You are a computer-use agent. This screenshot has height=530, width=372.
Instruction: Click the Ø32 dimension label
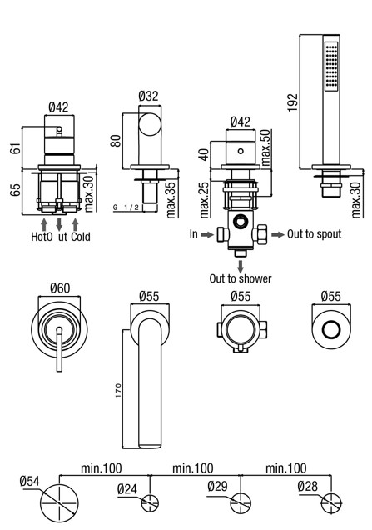point(148,96)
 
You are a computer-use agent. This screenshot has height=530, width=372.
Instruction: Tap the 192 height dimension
point(293,102)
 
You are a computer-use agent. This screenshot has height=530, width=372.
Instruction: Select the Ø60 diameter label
point(60,288)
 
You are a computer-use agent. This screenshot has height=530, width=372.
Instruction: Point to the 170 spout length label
point(118,390)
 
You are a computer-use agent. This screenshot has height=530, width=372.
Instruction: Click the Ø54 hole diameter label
point(29,481)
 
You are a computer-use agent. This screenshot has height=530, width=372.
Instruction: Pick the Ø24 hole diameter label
point(127,489)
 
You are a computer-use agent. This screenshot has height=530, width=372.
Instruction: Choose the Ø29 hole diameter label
point(217,486)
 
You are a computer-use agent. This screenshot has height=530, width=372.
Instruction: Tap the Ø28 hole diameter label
point(308,486)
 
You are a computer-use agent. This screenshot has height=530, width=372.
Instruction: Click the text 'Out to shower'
point(241,278)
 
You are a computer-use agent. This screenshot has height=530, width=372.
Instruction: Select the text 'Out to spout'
point(314,234)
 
